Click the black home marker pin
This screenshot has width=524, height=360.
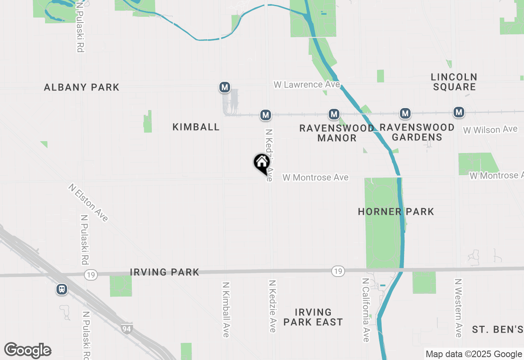click(x=262, y=163)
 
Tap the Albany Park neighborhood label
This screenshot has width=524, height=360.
click(x=81, y=87)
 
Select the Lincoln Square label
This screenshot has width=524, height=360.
click(x=454, y=82)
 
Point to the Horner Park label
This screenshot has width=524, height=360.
click(x=396, y=211)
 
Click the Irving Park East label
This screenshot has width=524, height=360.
click(x=313, y=317)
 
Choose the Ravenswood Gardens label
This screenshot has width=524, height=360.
click(x=417, y=132)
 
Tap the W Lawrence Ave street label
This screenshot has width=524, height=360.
click(x=307, y=84)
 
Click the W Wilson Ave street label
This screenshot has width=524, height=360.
click(x=490, y=130)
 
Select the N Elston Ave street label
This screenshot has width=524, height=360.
click(x=88, y=202)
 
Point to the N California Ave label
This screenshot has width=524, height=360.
click(x=366, y=310)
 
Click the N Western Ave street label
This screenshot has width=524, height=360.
click(x=458, y=308)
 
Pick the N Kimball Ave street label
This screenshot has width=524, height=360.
click(x=226, y=309)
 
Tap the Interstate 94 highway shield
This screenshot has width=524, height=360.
click(x=127, y=328)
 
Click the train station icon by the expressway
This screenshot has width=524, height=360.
click(x=62, y=289)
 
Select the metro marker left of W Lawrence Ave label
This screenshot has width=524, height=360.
click(x=224, y=87)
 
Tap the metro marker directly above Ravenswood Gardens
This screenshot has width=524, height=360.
click(x=405, y=113)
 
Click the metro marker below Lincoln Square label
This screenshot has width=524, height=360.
click(x=459, y=112)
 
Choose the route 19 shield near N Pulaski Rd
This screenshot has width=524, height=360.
click(x=91, y=275)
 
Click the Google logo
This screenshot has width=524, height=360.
click(x=28, y=351)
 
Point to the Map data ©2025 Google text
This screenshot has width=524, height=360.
click(x=474, y=354)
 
